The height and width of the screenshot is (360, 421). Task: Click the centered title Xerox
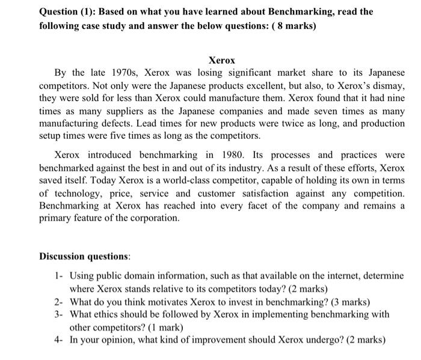point(221,61)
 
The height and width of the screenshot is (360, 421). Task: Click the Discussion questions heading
point(85,256)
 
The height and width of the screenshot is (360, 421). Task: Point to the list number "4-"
point(59,340)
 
